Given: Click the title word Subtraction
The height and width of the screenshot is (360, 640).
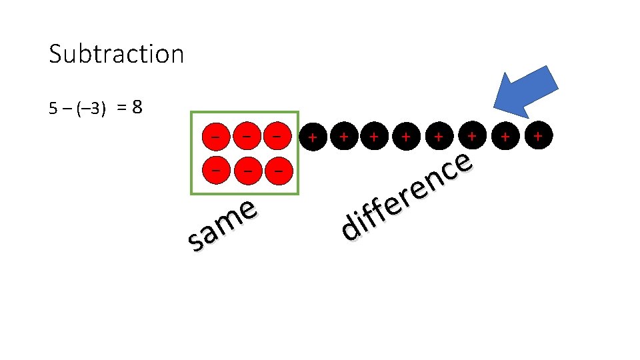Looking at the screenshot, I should click(x=116, y=54).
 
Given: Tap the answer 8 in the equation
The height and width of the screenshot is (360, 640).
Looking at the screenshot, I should click(x=137, y=107).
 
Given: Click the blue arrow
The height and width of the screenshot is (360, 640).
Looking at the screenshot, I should click(x=527, y=89).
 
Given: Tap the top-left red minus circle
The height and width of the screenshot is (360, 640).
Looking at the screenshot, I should click(x=215, y=136).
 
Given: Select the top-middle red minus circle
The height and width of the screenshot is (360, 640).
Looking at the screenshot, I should click(x=247, y=136).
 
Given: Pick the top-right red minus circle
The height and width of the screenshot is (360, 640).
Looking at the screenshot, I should click(x=277, y=136).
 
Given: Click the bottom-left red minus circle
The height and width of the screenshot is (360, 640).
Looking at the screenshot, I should click(x=215, y=170).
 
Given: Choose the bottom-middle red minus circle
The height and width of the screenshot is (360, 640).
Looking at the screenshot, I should click(x=247, y=171).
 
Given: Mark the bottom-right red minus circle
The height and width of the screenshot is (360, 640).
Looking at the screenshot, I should click(x=277, y=171).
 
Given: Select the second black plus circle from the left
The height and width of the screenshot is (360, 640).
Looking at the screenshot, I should click(x=343, y=137).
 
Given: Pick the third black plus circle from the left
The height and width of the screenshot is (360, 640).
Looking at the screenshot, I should click(x=375, y=137).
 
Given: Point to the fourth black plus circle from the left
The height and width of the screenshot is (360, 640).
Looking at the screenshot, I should click(x=406, y=137).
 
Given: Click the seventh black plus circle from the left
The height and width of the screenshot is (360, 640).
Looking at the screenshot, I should click(x=506, y=137).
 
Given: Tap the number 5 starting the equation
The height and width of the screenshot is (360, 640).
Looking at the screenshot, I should click(x=53, y=109).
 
